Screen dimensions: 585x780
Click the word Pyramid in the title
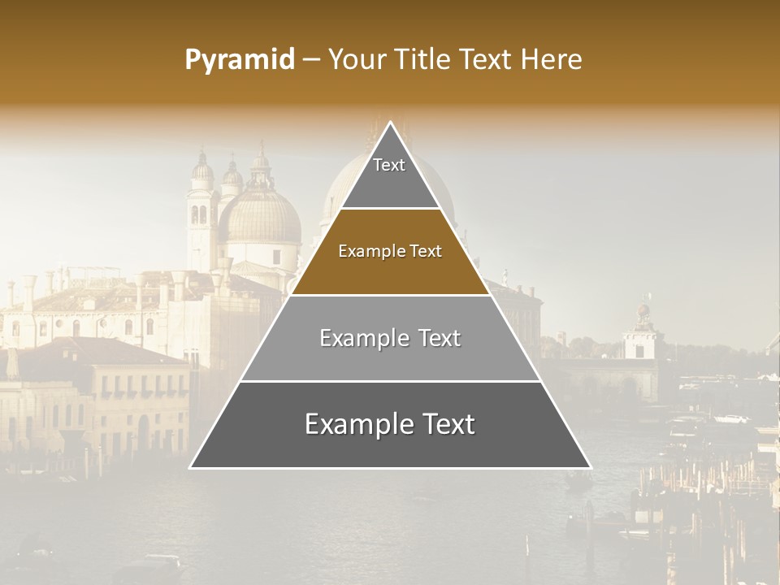click(240, 59)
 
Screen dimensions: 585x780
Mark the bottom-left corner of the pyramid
click(192, 467)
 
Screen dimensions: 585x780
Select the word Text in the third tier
click(435, 338)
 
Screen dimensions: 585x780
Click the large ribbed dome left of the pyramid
click(260, 216)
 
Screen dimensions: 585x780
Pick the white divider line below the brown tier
click(390, 295)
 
